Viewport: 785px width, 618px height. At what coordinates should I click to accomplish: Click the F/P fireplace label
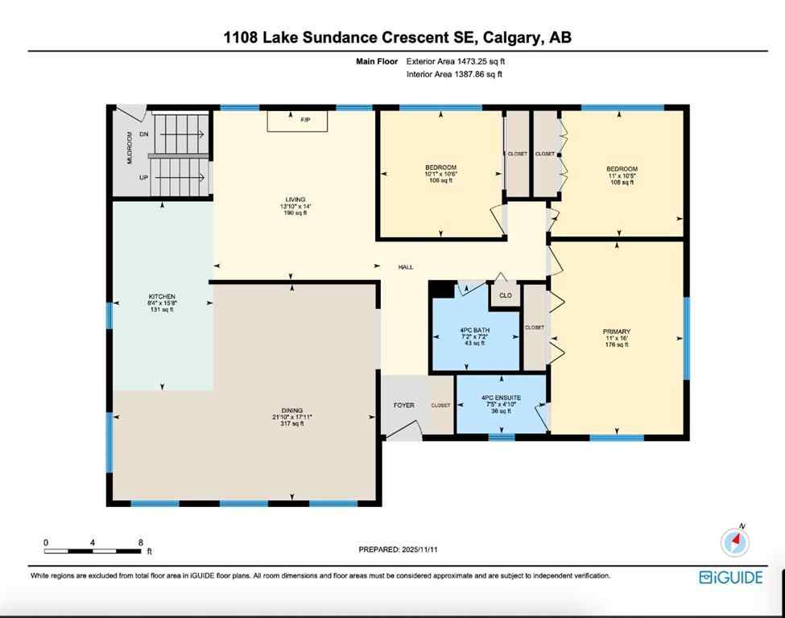point(305,120)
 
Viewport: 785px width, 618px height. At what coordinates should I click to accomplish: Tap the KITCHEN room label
point(162,297)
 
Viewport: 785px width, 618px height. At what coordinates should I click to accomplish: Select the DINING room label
point(291,410)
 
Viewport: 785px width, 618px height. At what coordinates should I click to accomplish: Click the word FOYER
point(403,405)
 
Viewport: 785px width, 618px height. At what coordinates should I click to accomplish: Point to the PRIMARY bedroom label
point(616,332)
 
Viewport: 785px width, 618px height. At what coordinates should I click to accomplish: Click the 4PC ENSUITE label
point(502,398)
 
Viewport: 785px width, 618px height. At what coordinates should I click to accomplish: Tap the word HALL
point(406,266)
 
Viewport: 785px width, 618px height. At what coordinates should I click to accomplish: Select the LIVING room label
point(295,200)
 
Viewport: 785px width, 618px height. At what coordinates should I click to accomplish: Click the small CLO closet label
point(506,295)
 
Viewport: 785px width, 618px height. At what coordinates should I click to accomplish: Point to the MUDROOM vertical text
point(129,149)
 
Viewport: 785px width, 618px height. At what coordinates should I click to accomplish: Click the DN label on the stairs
point(144,134)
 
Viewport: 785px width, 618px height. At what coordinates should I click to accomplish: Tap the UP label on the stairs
point(144,177)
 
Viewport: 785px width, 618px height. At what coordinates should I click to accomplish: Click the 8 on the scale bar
point(141,542)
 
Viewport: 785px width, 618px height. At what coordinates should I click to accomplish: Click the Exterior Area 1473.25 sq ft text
point(456,60)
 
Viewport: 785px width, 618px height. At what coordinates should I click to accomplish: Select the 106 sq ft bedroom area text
point(440,180)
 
